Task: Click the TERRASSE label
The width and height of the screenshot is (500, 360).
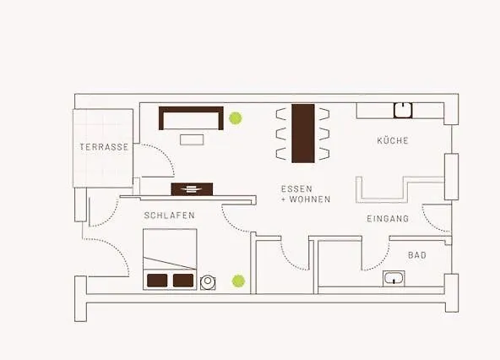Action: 105,147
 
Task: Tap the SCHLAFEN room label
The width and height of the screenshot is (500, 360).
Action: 169,215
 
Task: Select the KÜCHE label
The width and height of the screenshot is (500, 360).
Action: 393,140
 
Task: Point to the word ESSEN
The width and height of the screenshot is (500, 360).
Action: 297,188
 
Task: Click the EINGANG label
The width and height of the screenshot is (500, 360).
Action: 388,219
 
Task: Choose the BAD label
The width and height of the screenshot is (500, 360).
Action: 417,254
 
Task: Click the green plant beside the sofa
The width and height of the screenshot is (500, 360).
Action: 236,118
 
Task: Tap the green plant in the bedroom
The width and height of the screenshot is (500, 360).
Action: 239,280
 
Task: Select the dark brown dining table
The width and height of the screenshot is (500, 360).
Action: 302,133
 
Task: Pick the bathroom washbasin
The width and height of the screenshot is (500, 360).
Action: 394,278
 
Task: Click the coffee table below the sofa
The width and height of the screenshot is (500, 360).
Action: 191,139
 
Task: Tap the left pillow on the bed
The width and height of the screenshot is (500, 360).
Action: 157,280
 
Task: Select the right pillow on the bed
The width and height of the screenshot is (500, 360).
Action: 183,280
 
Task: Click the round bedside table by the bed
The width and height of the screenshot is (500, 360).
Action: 208,281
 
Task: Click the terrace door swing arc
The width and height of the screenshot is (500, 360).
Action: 155,159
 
